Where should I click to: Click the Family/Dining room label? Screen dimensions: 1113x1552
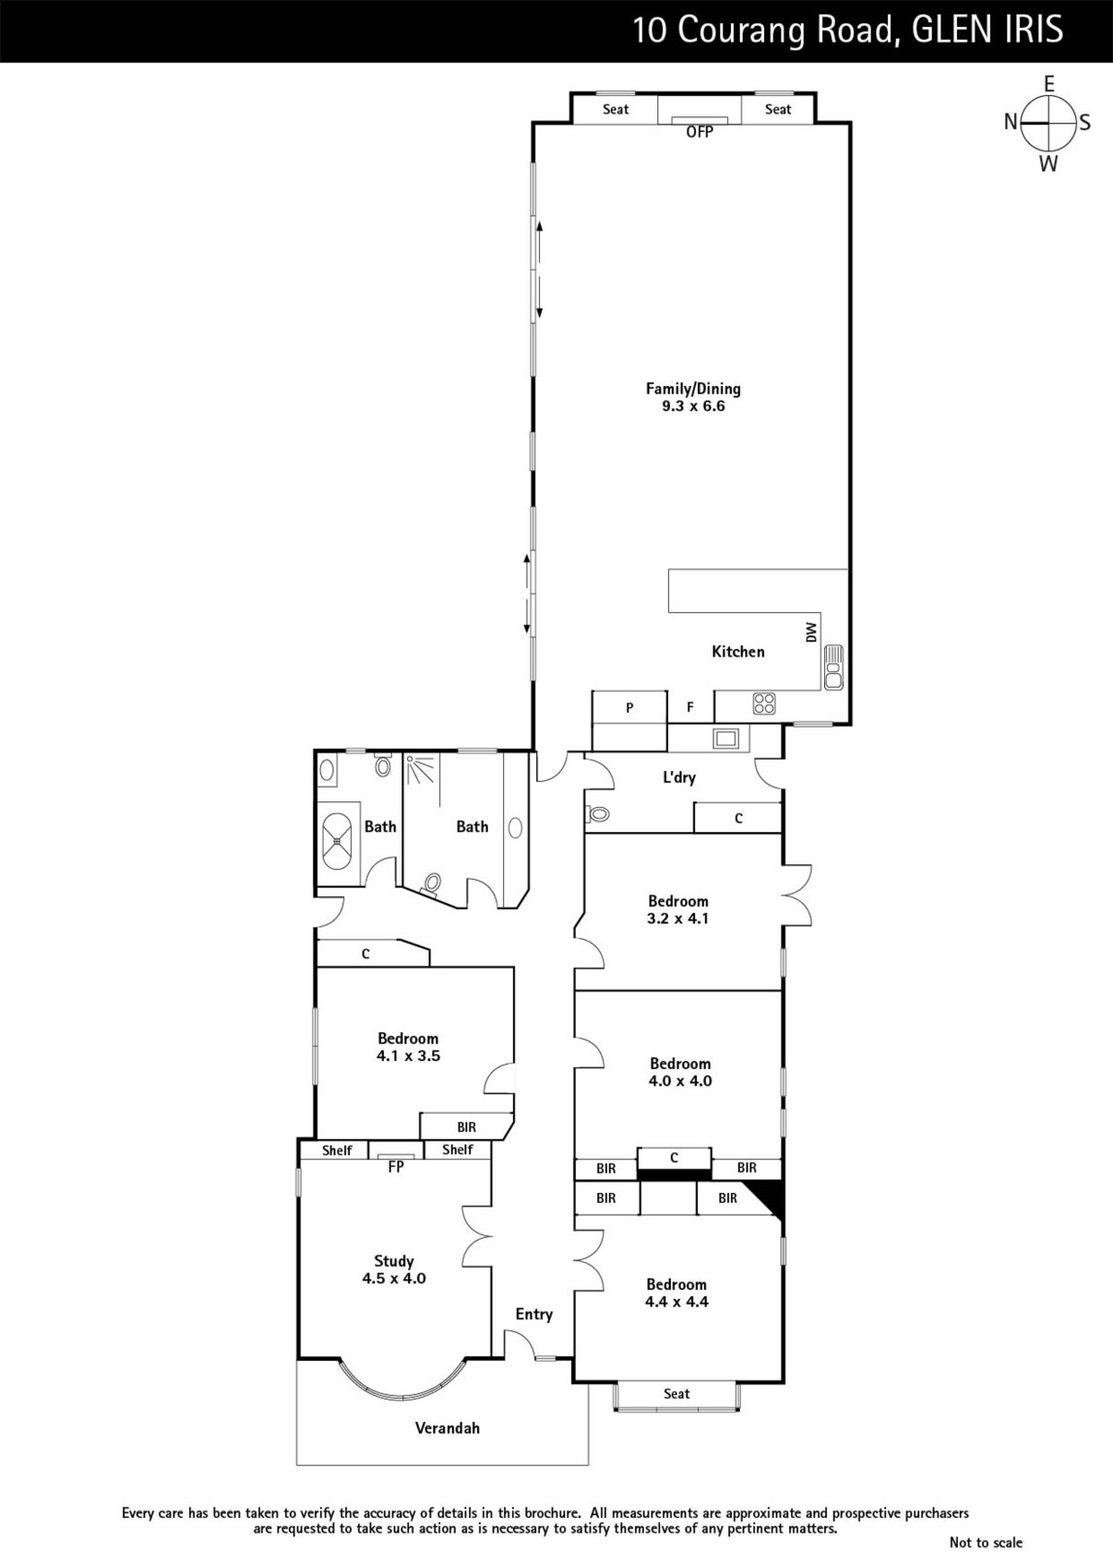[693, 389]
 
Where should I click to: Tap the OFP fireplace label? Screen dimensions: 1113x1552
[700, 132]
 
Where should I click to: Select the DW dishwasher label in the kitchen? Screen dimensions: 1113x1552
[811, 631]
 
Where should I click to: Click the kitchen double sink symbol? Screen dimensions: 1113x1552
[834, 666]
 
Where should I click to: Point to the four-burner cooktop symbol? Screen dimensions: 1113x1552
[764, 703]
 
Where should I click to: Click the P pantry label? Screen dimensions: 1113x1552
[629, 707]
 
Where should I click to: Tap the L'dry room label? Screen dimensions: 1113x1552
[679, 777]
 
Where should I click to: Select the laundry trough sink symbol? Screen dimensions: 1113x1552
[726, 738]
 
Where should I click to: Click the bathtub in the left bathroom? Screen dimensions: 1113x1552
[338, 840]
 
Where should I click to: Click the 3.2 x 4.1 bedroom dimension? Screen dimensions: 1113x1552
[678, 919]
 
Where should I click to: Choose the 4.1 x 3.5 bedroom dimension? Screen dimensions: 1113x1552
[408, 1056]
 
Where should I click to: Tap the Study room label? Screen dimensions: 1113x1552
[394, 1261]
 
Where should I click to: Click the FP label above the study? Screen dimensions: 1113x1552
[396, 1168]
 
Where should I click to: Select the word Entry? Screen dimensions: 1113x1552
[534, 1315]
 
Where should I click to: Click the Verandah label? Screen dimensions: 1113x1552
[447, 1428]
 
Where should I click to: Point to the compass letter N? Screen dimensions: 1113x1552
[1010, 122]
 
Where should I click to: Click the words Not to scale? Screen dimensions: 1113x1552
[986, 1542]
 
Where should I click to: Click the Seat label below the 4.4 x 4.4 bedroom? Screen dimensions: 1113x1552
[677, 1393]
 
